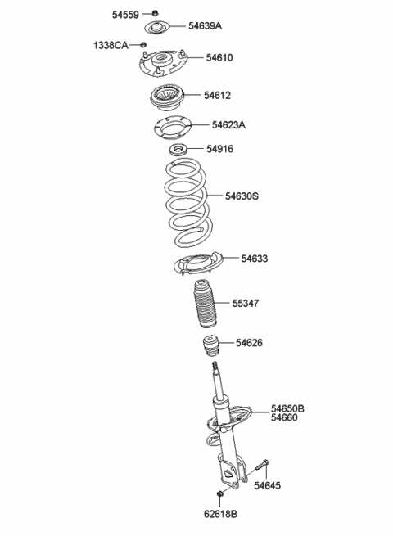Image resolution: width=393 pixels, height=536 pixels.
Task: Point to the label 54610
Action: [219, 58]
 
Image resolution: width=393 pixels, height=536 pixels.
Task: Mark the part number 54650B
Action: [288, 408]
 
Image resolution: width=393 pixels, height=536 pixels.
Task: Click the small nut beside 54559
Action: [156, 14]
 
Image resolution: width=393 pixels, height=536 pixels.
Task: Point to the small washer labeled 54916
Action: [177, 150]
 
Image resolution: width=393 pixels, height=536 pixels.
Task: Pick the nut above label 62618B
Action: [220, 495]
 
